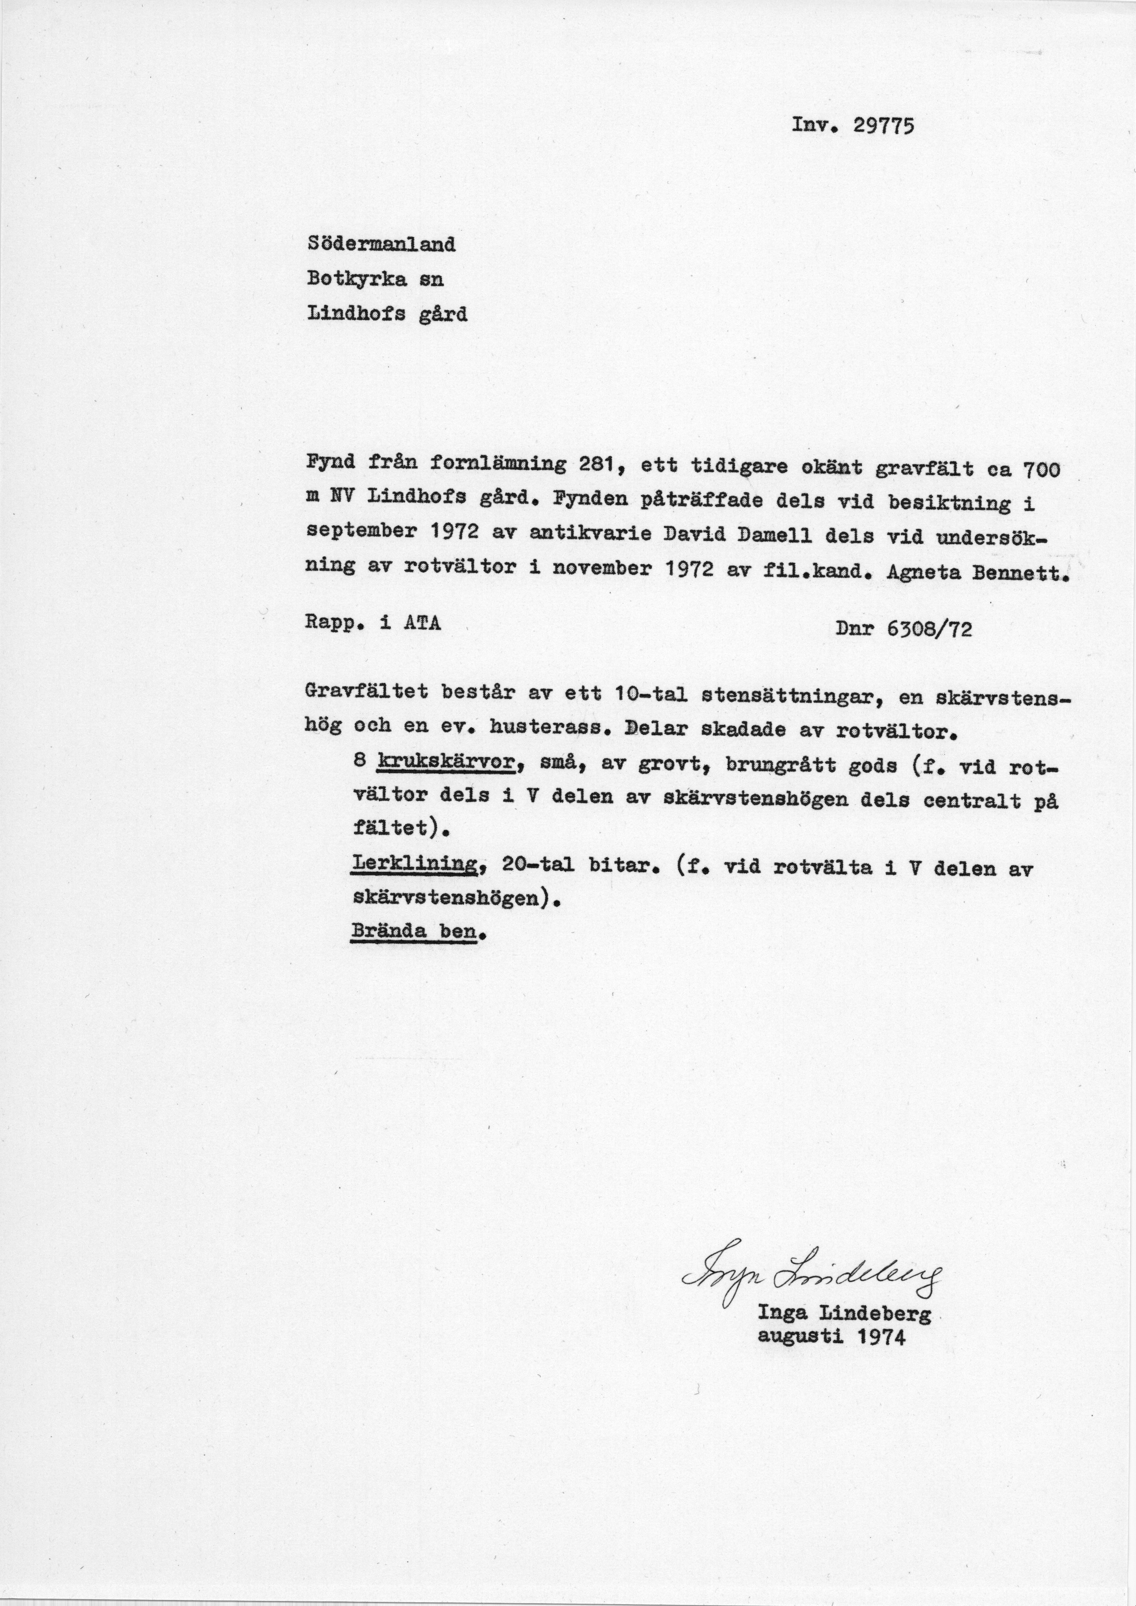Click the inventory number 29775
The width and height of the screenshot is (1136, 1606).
pyautogui.click(x=883, y=126)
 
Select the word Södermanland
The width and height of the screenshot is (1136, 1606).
pyautogui.click(x=381, y=244)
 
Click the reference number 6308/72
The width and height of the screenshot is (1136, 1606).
pyautogui.click(x=929, y=630)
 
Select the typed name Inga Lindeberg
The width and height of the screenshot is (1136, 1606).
pyautogui.click(x=844, y=1314)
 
